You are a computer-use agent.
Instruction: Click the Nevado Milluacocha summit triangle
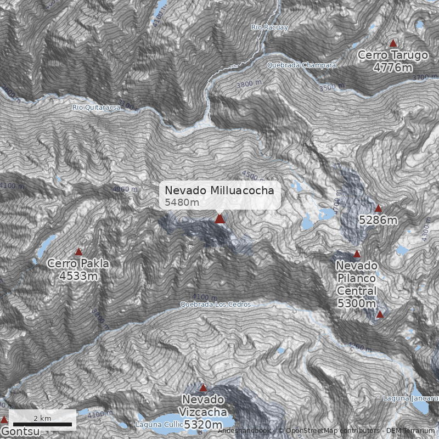click(220, 219)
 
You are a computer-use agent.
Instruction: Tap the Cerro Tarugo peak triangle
click(393, 43)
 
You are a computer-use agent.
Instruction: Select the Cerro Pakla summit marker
click(78, 252)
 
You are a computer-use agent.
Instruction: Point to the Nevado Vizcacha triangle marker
click(203, 388)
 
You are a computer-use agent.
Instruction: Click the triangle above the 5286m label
click(378, 209)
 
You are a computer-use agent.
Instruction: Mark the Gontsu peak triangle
click(4, 420)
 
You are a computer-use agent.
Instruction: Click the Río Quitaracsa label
click(96, 107)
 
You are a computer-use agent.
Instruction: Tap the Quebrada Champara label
click(301, 65)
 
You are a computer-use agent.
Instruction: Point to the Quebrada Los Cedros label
click(216, 304)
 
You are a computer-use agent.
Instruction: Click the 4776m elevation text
click(392, 67)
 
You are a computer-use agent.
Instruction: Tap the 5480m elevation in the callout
click(182, 202)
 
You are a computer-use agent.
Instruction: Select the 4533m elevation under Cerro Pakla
click(78, 275)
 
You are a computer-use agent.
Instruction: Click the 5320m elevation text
click(203, 425)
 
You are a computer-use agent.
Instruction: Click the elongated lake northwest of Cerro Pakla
click(46, 246)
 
